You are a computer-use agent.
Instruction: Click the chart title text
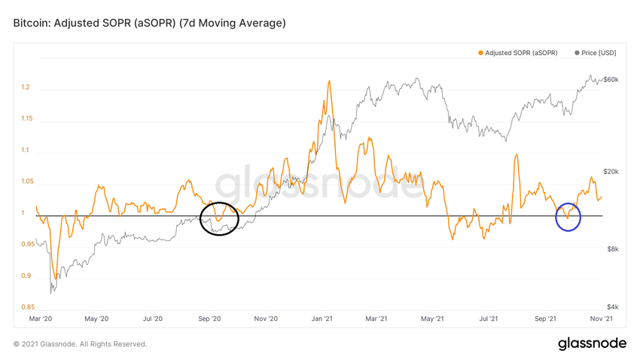tap(149, 23)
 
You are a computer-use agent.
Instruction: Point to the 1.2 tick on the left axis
tap(26, 87)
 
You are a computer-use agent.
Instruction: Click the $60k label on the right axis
tap(610, 79)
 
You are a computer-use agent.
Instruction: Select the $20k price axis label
tap(610, 172)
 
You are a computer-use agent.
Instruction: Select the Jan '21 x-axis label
tap(322, 319)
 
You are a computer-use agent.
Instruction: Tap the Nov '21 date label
tap(600, 319)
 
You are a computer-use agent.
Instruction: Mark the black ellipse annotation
tap(221, 218)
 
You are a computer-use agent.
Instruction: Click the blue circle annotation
tap(568, 218)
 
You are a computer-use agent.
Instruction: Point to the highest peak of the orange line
tap(329, 81)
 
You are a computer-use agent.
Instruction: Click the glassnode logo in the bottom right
tap(592, 343)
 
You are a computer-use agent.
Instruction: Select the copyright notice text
tap(80, 344)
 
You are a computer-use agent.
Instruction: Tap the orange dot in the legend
tap(480, 53)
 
